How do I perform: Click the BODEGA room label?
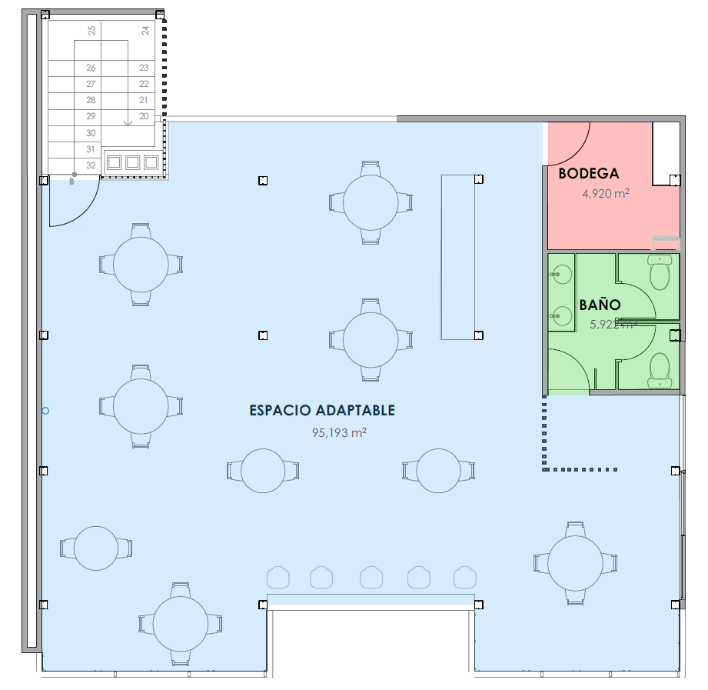pyautogui.click(x=588, y=174)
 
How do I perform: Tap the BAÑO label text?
pyautogui.click(x=600, y=305)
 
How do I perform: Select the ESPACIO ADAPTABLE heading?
pyautogui.click(x=322, y=410)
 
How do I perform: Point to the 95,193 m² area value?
pyautogui.click(x=339, y=432)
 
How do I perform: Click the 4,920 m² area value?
pyautogui.click(x=606, y=193)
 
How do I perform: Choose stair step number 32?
pyautogui.click(x=91, y=165)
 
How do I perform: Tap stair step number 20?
pyautogui.click(x=144, y=116)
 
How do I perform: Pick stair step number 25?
pyautogui.click(x=91, y=30)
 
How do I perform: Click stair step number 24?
pyautogui.click(x=145, y=30)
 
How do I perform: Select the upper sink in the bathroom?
pyautogui.click(x=561, y=275)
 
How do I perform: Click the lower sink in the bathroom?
pyautogui.click(x=561, y=315)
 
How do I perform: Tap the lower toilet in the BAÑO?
pyautogui.click(x=660, y=371)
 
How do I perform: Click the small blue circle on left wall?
pyautogui.click(x=45, y=411)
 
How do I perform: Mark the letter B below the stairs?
pyautogui.click(x=71, y=182)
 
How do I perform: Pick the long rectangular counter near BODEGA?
pyautogui.click(x=458, y=257)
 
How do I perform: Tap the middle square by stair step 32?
pyautogui.click(x=132, y=162)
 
